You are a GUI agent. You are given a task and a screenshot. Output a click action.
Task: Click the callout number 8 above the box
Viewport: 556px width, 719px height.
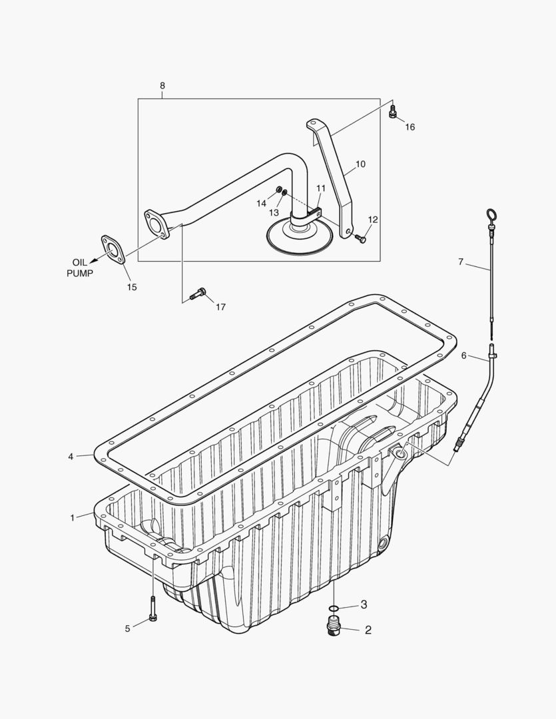pos(162,86)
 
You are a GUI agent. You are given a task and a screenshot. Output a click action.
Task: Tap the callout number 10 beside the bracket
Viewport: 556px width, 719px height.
pos(360,164)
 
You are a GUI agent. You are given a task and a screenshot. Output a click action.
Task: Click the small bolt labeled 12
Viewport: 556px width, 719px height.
pos(360,238)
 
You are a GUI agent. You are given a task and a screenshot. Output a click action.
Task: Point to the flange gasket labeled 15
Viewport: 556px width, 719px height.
pos(113,250)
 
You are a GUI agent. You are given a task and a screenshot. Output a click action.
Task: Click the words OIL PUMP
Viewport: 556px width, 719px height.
pos(79,268)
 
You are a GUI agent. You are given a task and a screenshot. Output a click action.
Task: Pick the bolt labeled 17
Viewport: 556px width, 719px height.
pos(198,293)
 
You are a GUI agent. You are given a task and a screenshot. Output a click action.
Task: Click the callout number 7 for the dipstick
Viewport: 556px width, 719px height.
pos(460,262)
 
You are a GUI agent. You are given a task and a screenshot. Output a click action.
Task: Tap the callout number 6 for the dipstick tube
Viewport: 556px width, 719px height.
pos(464,356)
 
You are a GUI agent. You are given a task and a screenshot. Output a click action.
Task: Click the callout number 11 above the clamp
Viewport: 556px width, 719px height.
pos(321,188)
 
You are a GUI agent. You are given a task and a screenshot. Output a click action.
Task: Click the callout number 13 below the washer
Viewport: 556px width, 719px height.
pos(274,212)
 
